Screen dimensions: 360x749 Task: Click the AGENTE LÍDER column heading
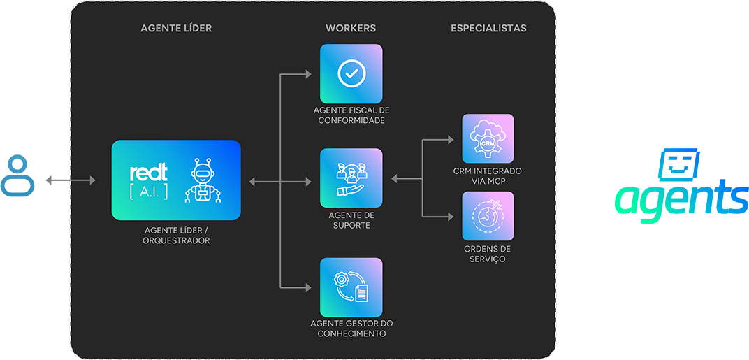click(x=176, y=29)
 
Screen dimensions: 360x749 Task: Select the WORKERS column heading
click(x=351, y=29)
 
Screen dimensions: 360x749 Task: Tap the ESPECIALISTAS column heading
click(x=488, y=29)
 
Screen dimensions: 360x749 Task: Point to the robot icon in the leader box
click(x=202, y=181)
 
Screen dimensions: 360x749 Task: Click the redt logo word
click(x=149, y=173)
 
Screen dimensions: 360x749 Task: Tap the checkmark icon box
click(x=351, y=74)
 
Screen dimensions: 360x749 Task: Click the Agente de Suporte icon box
click(x=351, y=178)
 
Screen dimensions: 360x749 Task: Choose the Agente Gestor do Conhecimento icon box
click(x=351, y=287)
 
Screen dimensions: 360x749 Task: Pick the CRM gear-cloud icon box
click(x=488, y=139)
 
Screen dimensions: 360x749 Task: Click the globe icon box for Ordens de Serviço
click(x=488, y=216)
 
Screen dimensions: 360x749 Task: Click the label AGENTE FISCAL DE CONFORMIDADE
click(x=351, y=115)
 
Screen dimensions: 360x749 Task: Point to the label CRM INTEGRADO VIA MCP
click(x=488, y=176)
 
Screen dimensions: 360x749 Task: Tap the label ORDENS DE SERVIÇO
click(x=488, y=254)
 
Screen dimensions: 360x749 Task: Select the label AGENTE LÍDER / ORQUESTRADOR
click(x=177, y=236)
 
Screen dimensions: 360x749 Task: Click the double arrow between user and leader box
click(x=70, y=181)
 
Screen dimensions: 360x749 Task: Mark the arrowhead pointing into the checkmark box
click(x=309, y=73)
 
